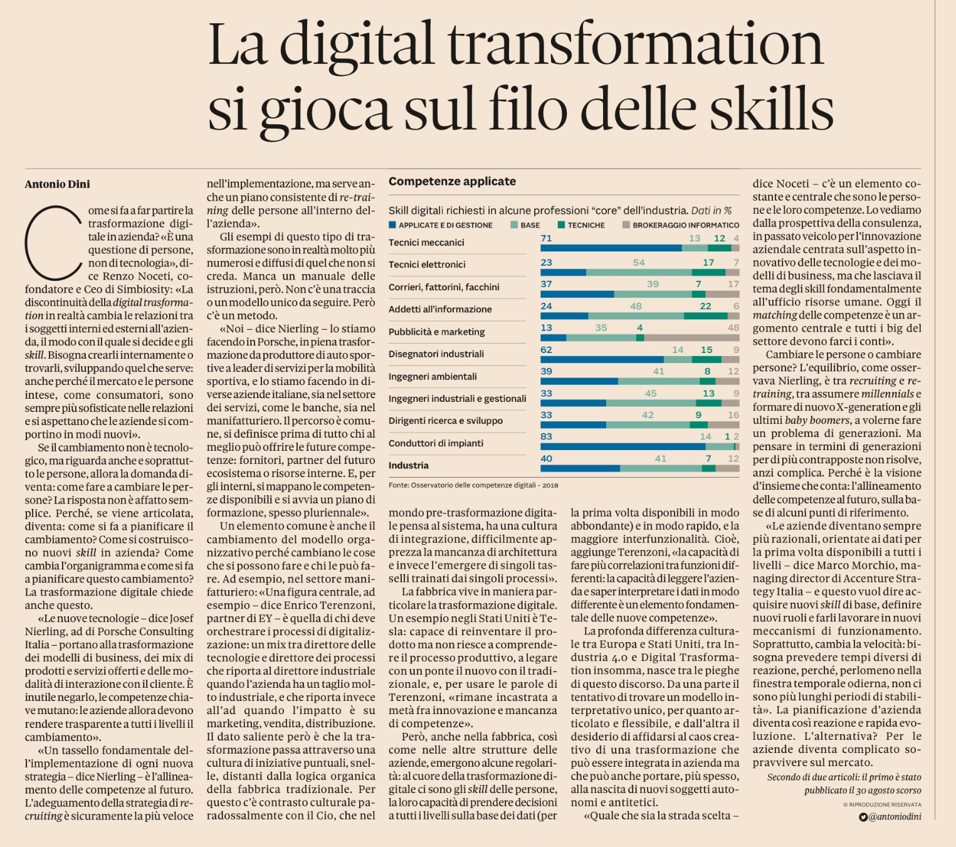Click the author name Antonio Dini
(x=57, y=184)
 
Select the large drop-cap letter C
(x=53, y=243)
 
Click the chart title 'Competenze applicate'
(x=452, y=181)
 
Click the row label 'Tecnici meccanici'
(x=426, y=243)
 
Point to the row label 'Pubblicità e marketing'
(x=436, y=332)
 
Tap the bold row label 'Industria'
(x=409, y=465)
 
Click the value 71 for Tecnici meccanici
(x=546, y=238)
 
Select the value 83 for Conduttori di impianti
(x=546, y=436)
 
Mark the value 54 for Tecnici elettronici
(x=639, y=262)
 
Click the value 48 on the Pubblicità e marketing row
(x=733, y=327)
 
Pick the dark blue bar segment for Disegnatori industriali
(x=602, y=360)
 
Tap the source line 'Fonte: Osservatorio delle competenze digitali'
(x=473, y=485)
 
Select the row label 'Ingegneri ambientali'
(x=433, y=376)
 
